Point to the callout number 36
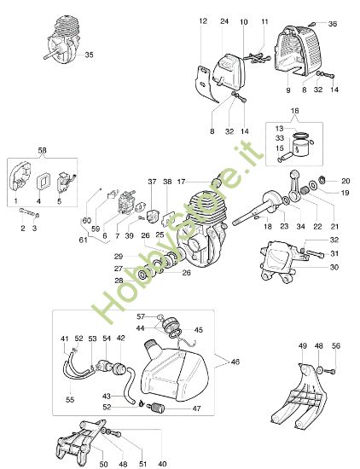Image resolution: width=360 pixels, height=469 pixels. tap(333, 23)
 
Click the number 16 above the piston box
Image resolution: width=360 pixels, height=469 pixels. tap(295, 112)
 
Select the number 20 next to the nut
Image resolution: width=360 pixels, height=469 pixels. tap(345, 181)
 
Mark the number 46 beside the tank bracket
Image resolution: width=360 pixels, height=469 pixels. tap(235, 362)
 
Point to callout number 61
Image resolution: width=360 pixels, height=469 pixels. tap(84, 241)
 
